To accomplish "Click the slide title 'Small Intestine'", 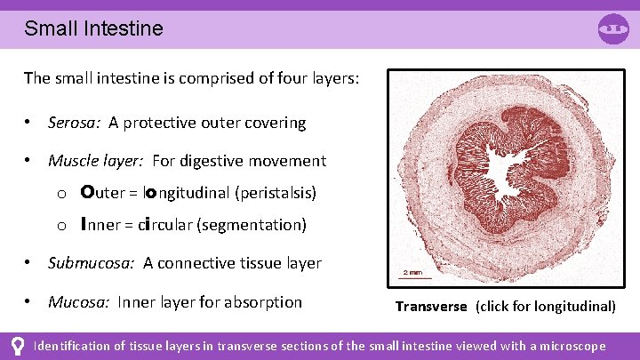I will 93,28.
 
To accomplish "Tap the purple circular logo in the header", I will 613,28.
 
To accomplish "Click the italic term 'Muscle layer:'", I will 96,161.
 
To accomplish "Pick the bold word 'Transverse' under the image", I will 431,307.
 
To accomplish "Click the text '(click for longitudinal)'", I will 545,307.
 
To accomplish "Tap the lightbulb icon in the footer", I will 15,346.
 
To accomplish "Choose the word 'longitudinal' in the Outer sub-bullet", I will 183,193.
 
